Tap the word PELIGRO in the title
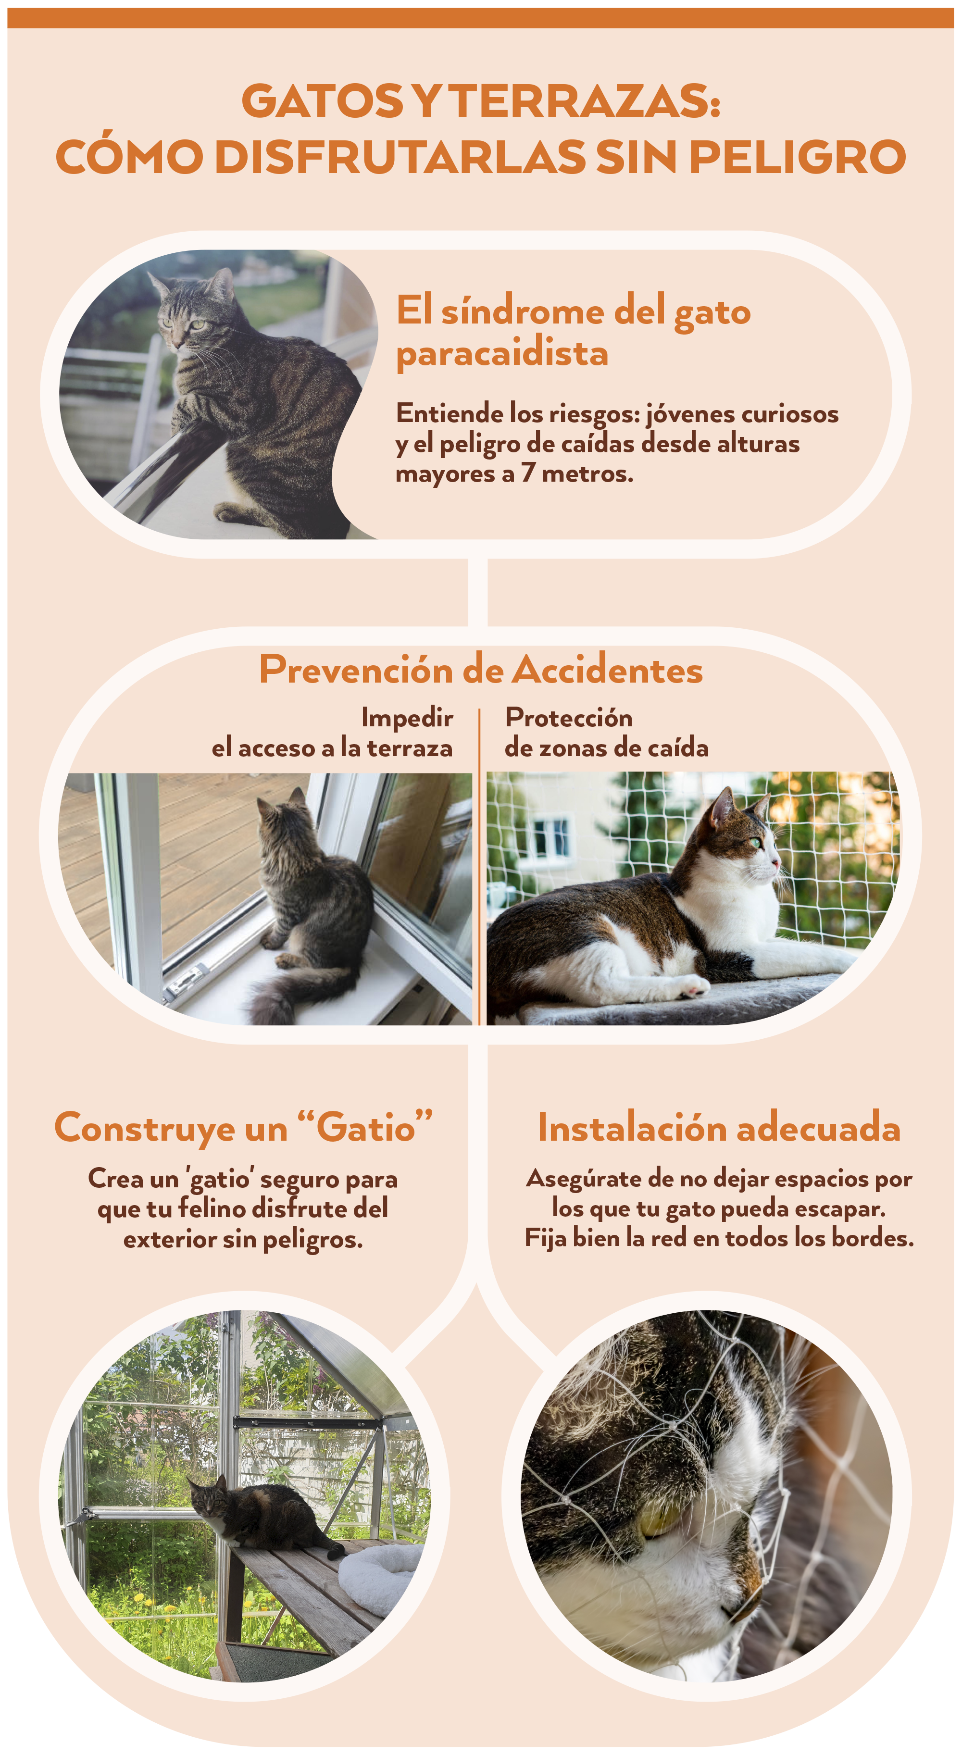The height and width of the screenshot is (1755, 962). click(x=797, y=157)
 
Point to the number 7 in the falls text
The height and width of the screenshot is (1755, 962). click(x=527, y=472)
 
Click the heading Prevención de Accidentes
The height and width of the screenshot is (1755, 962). click(x=481, y=669)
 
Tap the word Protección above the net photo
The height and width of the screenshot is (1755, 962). click(x=569, y=717)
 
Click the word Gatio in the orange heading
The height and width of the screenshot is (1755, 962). click(x=366, y=1128)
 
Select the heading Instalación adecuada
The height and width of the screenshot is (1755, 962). click(x=719, y=1128)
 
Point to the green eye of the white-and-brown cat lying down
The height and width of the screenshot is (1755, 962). click(x=755, y=844)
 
